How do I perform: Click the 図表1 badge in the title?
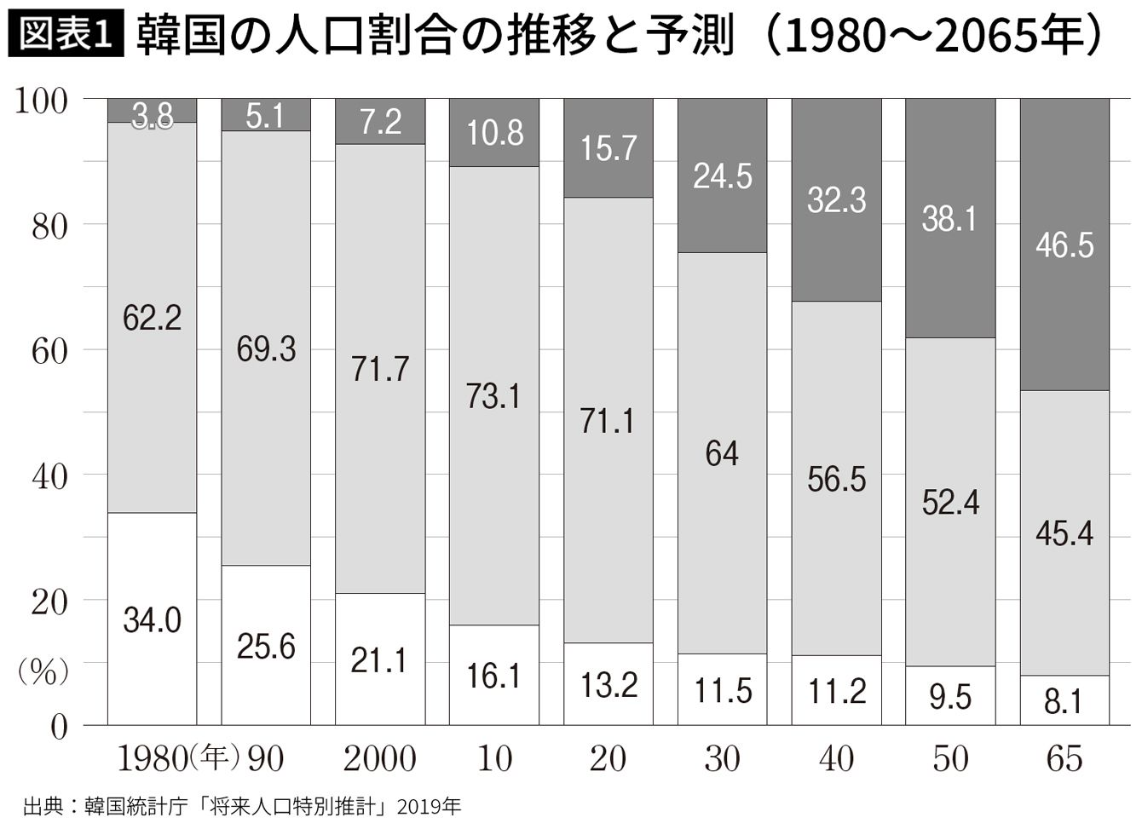point(66,36)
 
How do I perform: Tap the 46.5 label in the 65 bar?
point(1064,245)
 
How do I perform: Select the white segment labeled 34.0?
point(153,619)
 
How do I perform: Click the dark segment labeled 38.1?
point(950,218)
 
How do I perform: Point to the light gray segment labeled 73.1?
point(494,395)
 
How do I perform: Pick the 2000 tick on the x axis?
point(379,758)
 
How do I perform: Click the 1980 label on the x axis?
point(149,758)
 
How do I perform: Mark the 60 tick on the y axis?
point(49,350)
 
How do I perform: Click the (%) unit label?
point(43,672)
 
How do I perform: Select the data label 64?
point(722,453)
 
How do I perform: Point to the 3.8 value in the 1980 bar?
point(153,115)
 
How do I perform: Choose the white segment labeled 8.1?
point(1064,700)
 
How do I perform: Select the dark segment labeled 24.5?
point(723,176)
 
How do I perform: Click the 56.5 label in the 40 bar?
point(836,479)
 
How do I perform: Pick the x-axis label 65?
point(1064,758)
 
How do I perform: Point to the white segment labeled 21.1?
point(379,659)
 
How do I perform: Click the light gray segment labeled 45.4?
point(1064,533)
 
